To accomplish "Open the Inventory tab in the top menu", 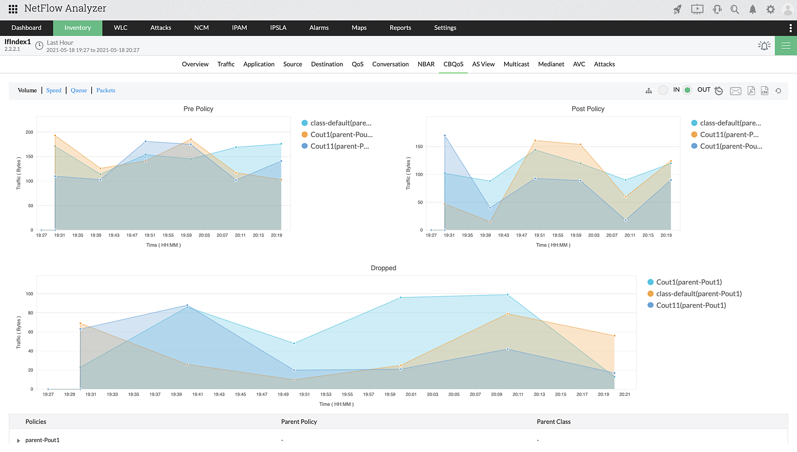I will point(78,28).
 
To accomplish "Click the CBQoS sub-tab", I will point(453,64).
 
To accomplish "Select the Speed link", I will point(54,90).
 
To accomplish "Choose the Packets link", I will point(106,90).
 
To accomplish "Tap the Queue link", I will point(79,90).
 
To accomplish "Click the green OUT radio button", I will point(687,90).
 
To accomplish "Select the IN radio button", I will point(663,90).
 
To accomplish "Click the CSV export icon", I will point(764,91).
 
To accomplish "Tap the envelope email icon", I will point(735,91).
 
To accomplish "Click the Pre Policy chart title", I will point(198,109).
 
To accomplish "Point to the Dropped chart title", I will point(383,268).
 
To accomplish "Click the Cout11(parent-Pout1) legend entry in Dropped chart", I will point(691,305).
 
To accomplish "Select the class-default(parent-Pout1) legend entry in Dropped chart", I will point(699,294).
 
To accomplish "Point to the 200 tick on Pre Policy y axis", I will point(29,132).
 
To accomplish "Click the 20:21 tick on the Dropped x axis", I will point(624,394).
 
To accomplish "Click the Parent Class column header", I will point(554,422).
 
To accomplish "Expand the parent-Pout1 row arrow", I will point(18,440).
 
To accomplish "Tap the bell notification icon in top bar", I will point(752,10).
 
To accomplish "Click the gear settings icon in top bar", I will point(770,10).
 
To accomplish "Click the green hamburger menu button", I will point(786,46).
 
